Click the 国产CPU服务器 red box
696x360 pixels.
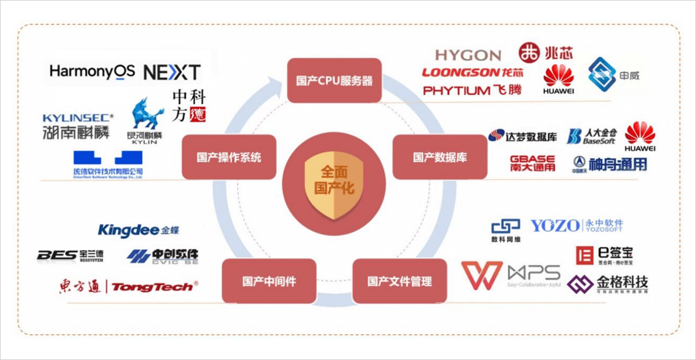[x=334, y=81]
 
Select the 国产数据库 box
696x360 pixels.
[x=439, y=157]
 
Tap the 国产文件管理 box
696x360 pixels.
[x=400, y=281]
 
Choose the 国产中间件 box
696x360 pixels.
[x=269, y=281]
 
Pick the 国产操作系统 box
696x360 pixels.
[x=229, y=157]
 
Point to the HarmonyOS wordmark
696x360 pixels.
[x=92, y=71]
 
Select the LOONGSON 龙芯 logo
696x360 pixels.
[x=472, y=73]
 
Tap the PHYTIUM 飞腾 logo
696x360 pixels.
[x=472, y=90]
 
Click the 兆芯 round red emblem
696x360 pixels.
[x=529, y=53]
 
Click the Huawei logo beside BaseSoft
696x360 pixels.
[x=640, y=136]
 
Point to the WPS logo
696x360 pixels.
[x=511, y=276]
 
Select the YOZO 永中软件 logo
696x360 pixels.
[x=576, y=225]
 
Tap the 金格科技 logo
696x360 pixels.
[x=607, y=284]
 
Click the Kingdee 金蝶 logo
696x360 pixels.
[x=138, y=230]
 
